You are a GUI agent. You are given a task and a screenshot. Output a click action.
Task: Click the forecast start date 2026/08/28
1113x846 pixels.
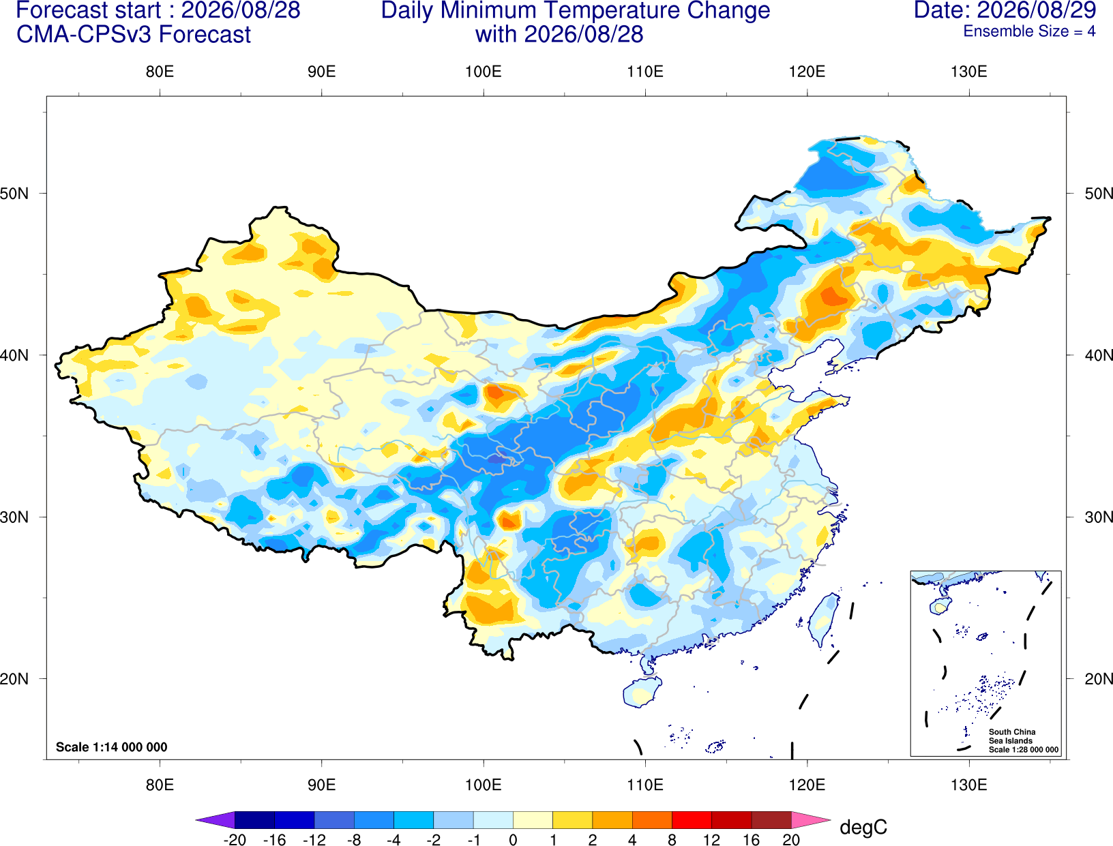tap(241, 10)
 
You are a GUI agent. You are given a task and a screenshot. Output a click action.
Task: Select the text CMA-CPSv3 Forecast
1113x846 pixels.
tap(134, 35)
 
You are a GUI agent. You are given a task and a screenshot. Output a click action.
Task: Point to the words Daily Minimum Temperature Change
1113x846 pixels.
tap(576, 11)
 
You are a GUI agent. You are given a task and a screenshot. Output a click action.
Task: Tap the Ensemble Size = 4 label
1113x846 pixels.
tap(1029, 31)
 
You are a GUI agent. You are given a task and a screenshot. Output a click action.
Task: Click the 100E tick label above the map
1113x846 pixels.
tap(484, 72)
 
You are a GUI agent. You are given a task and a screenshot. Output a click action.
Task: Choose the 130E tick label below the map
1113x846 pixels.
tap(969, 785)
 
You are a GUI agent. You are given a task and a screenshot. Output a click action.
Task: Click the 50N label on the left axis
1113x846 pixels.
tap(14, 194)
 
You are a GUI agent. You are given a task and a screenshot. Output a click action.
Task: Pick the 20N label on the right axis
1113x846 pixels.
tap(1099, 679)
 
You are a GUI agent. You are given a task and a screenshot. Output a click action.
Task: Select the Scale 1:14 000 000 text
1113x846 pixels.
tap(112, 746)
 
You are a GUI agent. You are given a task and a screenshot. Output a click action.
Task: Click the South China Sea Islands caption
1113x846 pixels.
tap(1011, 736)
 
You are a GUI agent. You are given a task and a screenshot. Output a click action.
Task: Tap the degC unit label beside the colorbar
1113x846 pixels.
tap(863, 827)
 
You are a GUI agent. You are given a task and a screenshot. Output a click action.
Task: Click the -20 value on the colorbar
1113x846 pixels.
tap(235, 840)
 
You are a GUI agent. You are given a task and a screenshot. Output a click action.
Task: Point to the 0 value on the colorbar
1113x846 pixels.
tap(513, 840)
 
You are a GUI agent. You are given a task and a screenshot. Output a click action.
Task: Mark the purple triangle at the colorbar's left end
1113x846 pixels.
tap(219, 819)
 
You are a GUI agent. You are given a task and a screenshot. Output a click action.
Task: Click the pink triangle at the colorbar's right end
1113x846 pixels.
tap(808, 819)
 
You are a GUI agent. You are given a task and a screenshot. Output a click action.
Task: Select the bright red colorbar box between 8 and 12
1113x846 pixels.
tap(692, 819)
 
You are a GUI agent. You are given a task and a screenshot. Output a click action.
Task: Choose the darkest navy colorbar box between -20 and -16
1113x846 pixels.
tap(254, 819)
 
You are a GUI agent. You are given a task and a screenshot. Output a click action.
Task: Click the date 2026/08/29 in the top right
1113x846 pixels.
tap(1037, 10)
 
